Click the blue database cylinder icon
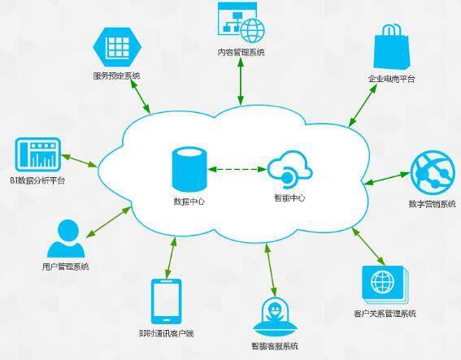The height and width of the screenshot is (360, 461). pos(189,170)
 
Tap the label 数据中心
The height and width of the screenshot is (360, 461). pos(189,202)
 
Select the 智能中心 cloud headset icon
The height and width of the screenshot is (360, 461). pos(290,170)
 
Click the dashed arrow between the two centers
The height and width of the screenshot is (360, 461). pos(237,169)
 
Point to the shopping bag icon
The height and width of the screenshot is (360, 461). pos(391,47)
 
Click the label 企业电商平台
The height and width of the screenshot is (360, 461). pos(391,79)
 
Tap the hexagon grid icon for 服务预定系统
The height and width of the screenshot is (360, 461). pos(117,47)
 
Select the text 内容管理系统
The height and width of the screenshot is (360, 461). pos(241,52)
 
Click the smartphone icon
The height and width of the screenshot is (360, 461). pos(166,301)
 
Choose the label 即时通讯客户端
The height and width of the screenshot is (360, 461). pos(167,333)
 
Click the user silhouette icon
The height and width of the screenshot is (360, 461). pos(66,239)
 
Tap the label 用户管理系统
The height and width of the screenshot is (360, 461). pos(65,267)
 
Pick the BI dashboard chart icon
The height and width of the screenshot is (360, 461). pos(38,154)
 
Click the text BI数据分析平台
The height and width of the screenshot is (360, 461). pos(37,180)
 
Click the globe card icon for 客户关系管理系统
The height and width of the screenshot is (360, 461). pos(385,284)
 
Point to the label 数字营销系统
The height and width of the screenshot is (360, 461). pos(433,204)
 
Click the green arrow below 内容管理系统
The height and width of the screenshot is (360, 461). pos(241,81)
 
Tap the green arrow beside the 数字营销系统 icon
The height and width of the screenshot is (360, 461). pos(387,179)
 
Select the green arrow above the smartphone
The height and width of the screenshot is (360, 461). pos(171,258)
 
